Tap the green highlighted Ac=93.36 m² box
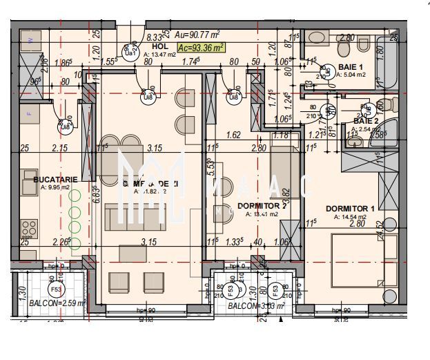pos(201,48)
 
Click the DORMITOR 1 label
pos(350,209)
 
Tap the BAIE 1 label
pos(353,67)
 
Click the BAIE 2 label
pos(364,121)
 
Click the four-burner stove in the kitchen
pos(29,228)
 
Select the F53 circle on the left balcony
pos(55,289)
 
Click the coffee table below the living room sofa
pos(133,254)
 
